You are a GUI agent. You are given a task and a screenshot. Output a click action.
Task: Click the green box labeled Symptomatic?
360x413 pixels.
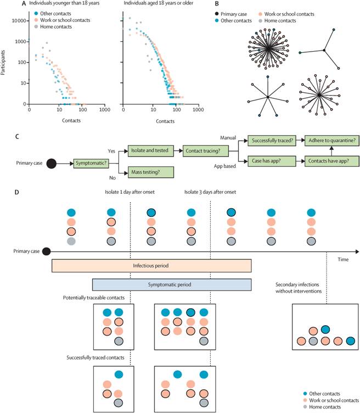[x=91, y=163]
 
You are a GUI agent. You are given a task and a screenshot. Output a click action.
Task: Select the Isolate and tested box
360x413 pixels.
[x=151, y=150]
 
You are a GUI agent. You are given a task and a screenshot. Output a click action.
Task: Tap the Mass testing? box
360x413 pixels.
[x=151, y=172]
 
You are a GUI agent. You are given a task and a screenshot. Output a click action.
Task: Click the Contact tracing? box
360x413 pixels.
[x=206, y=151]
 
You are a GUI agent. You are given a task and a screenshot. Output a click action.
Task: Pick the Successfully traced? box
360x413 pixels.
[x=272, y=141]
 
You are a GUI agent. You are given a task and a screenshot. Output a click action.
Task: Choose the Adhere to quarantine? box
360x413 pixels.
[x=332, y=141]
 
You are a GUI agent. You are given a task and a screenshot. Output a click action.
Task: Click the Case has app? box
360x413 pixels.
[x=272, y=161]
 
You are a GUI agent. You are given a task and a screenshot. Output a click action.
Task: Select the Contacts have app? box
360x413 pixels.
[x=332, y=161]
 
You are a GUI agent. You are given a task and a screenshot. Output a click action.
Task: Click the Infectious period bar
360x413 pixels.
[x=151, y=266]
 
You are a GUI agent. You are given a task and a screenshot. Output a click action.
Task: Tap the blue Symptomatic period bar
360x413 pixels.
[x=172, y=284]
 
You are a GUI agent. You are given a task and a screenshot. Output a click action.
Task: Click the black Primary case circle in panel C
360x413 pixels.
[x=52, y=164]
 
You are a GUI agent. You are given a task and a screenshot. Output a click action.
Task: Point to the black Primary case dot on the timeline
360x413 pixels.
[x=46, y=252]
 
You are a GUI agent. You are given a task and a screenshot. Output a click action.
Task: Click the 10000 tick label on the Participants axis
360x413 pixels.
[x=19, y=21]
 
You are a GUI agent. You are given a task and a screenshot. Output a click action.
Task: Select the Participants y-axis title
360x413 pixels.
[x=3, y=63]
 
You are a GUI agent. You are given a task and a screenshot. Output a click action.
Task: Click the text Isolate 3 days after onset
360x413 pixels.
[x=210, y=192]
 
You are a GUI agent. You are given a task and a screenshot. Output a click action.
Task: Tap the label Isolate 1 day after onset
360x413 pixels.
[x=130, y=192]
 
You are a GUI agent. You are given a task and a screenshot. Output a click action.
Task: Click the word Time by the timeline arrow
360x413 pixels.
[x=343, y=259]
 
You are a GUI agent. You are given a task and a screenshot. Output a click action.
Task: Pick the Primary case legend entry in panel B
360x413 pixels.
[x=231, y=14]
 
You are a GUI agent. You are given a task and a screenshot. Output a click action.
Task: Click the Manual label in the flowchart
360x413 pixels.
[x=228, y=138]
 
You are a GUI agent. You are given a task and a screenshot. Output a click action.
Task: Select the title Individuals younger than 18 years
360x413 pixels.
[x=64, y=3]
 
